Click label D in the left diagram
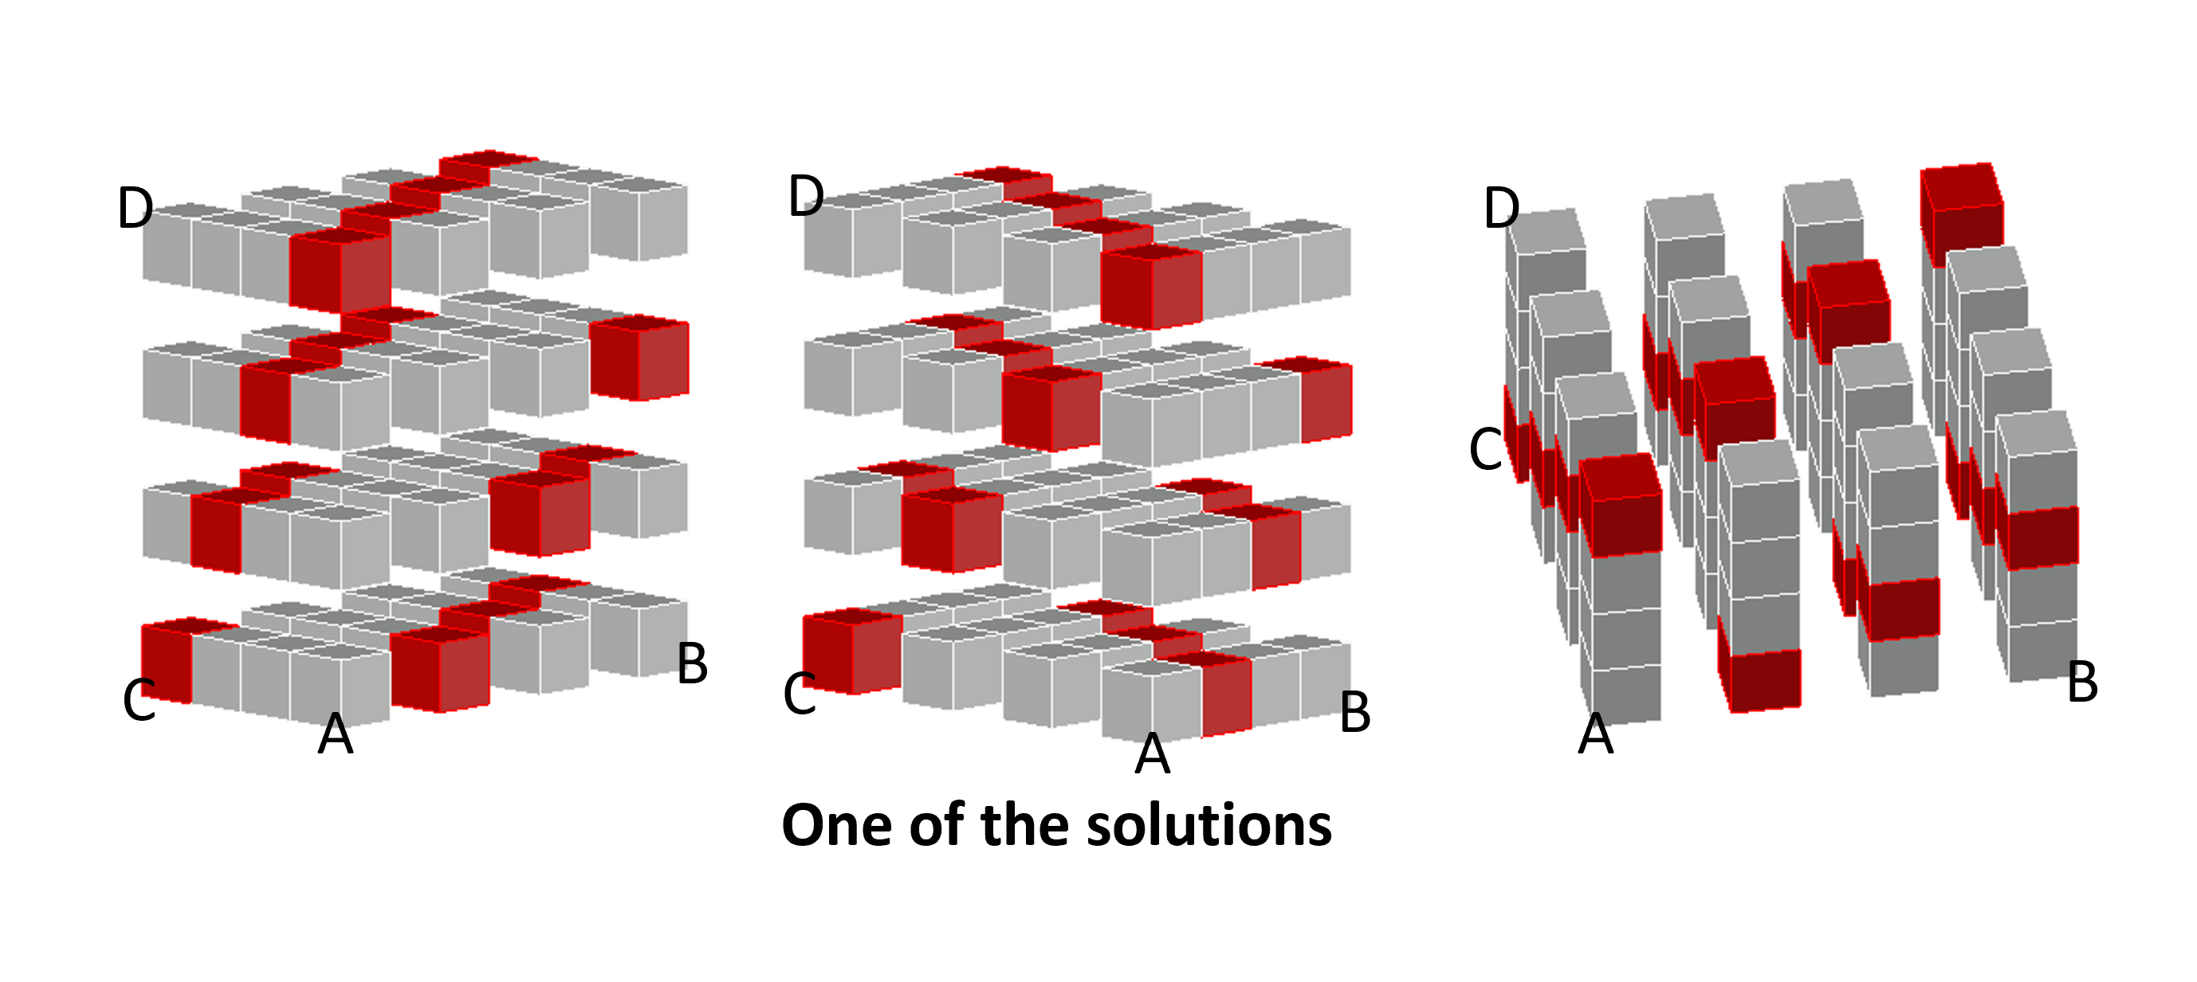(x=135, y=208)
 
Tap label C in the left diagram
(x=139, y=700)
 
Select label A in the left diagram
(x=335, y=734)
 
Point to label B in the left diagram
(x=692, y=663)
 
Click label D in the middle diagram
(x=806, y=196)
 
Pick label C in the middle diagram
(x=800, y=693)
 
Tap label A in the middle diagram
(x=1152, y=753)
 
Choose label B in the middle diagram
(x=1355, y=712)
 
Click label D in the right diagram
(x=1501, y=208)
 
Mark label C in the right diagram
(x=1486, y=449)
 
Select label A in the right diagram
(x=1596, y=734)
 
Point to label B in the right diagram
(x=2083, y=683)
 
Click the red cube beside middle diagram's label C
(x=851, y=652)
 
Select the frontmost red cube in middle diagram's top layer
(x=1151, y=288)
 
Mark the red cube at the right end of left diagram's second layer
(x=639, y=358)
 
